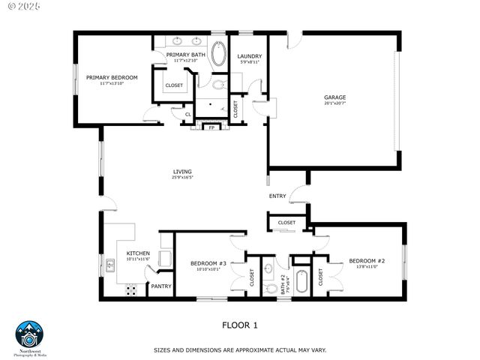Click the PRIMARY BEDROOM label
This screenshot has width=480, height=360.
112,77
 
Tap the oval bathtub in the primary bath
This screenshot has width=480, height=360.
219,55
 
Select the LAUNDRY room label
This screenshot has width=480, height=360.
249,56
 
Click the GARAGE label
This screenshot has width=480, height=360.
334,97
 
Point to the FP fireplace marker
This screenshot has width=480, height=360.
211,127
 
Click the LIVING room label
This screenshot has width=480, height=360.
182,172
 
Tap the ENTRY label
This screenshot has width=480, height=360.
277,196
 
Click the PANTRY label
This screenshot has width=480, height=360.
161,286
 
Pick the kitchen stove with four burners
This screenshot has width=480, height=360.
130,289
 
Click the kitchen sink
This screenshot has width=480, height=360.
110,264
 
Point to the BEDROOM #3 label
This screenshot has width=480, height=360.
208,263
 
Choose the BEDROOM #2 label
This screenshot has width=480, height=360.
367,261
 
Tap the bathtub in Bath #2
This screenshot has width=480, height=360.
301,281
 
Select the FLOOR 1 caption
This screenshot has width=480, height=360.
240,325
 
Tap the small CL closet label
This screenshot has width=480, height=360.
178,114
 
